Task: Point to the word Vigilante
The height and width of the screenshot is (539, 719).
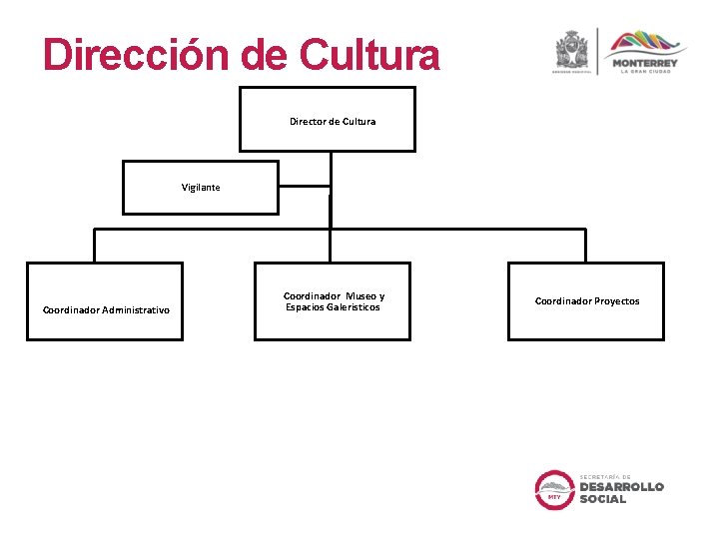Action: coord(201,188)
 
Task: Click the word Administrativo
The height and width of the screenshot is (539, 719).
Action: coord(136,310)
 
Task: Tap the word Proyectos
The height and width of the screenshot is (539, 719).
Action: coord(616,301)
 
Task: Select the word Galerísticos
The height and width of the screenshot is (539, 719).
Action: coord(349,307)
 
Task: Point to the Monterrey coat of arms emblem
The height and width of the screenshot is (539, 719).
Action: coord(573,50)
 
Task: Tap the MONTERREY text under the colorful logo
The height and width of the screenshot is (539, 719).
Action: coord(645,64)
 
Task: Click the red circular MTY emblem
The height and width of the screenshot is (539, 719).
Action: coord(554,489)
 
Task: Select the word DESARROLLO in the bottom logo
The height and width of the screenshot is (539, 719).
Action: coord(621,487)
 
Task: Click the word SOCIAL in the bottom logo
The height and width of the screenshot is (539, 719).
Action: coord(603,499)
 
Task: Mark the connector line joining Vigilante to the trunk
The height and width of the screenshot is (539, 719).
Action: coord(304,186)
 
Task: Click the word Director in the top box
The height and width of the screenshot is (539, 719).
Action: coord(308,122)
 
